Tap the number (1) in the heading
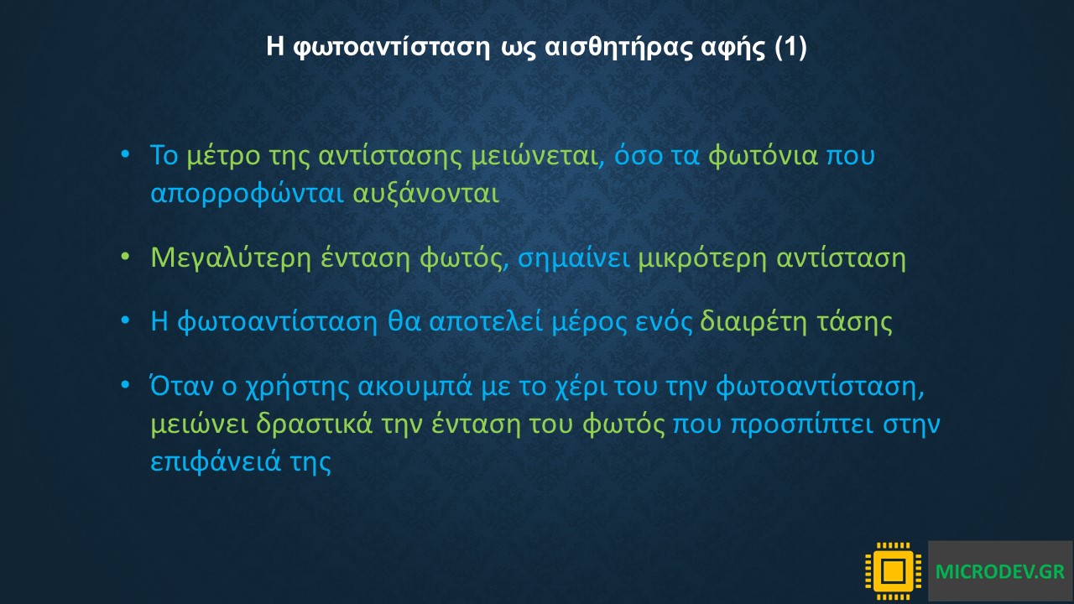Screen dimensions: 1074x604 coord(790,48)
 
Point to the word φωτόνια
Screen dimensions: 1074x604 coord(763,156)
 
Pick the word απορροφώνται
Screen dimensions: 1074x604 coord(248,194)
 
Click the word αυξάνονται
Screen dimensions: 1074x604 coord(425,194)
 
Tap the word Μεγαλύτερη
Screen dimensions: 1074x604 coord(231,258)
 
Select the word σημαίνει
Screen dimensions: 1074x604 coord(573,258)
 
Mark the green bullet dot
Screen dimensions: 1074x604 coord(125,257)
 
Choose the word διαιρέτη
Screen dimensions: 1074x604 coord(753,321)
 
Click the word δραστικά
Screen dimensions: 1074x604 coord(315,424)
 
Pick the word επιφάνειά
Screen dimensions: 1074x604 coord(216,461)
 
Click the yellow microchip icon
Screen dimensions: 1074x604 coord(893,571)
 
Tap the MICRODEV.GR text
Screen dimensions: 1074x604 coord(999,571)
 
